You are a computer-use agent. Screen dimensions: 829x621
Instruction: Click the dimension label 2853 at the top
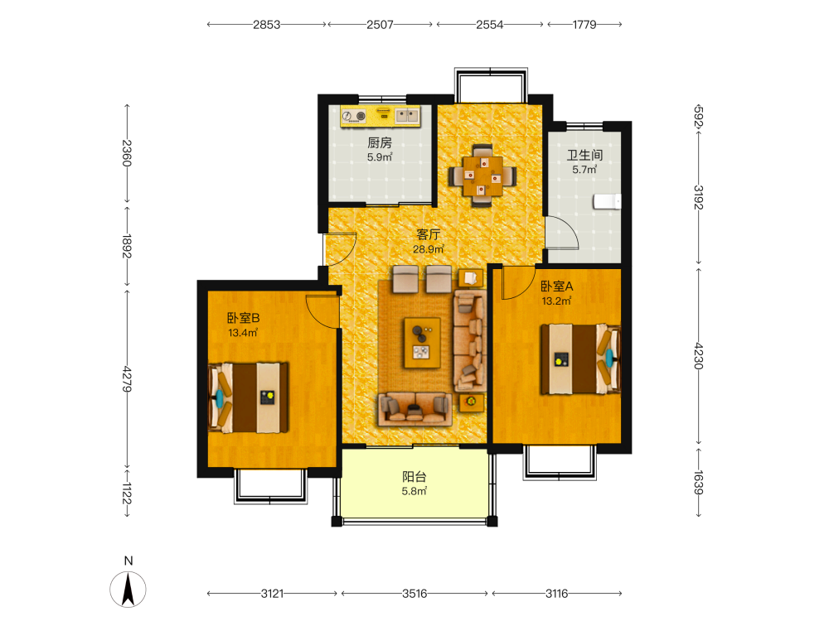coord(266,24)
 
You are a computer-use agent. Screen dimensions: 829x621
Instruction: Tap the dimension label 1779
coord(584,24)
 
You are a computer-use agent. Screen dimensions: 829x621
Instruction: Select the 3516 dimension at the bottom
coord(414,594)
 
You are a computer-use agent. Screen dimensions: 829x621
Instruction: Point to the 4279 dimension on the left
coord(127,379)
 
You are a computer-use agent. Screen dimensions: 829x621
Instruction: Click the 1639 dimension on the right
coord(698,483)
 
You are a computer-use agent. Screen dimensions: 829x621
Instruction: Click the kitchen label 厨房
coord(380,142)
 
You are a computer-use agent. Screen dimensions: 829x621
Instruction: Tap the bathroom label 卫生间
coord(584,155)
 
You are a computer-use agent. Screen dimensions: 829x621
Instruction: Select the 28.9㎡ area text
coord(429,249)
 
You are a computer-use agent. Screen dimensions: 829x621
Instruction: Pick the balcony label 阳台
coord(414,477)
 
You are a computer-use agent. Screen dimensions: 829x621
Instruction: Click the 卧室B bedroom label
coord(243,318)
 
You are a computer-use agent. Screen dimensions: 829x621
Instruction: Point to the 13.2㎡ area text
coord(556,301)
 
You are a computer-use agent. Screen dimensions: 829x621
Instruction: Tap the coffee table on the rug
coord(422,343)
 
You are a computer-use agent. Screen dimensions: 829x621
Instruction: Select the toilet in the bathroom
coord(607,201)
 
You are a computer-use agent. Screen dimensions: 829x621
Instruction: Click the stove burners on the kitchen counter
coord(354,116)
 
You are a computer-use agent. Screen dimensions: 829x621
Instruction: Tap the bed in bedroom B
coord(249,397)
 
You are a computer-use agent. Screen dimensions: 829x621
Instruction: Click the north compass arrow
coord(128,590)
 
